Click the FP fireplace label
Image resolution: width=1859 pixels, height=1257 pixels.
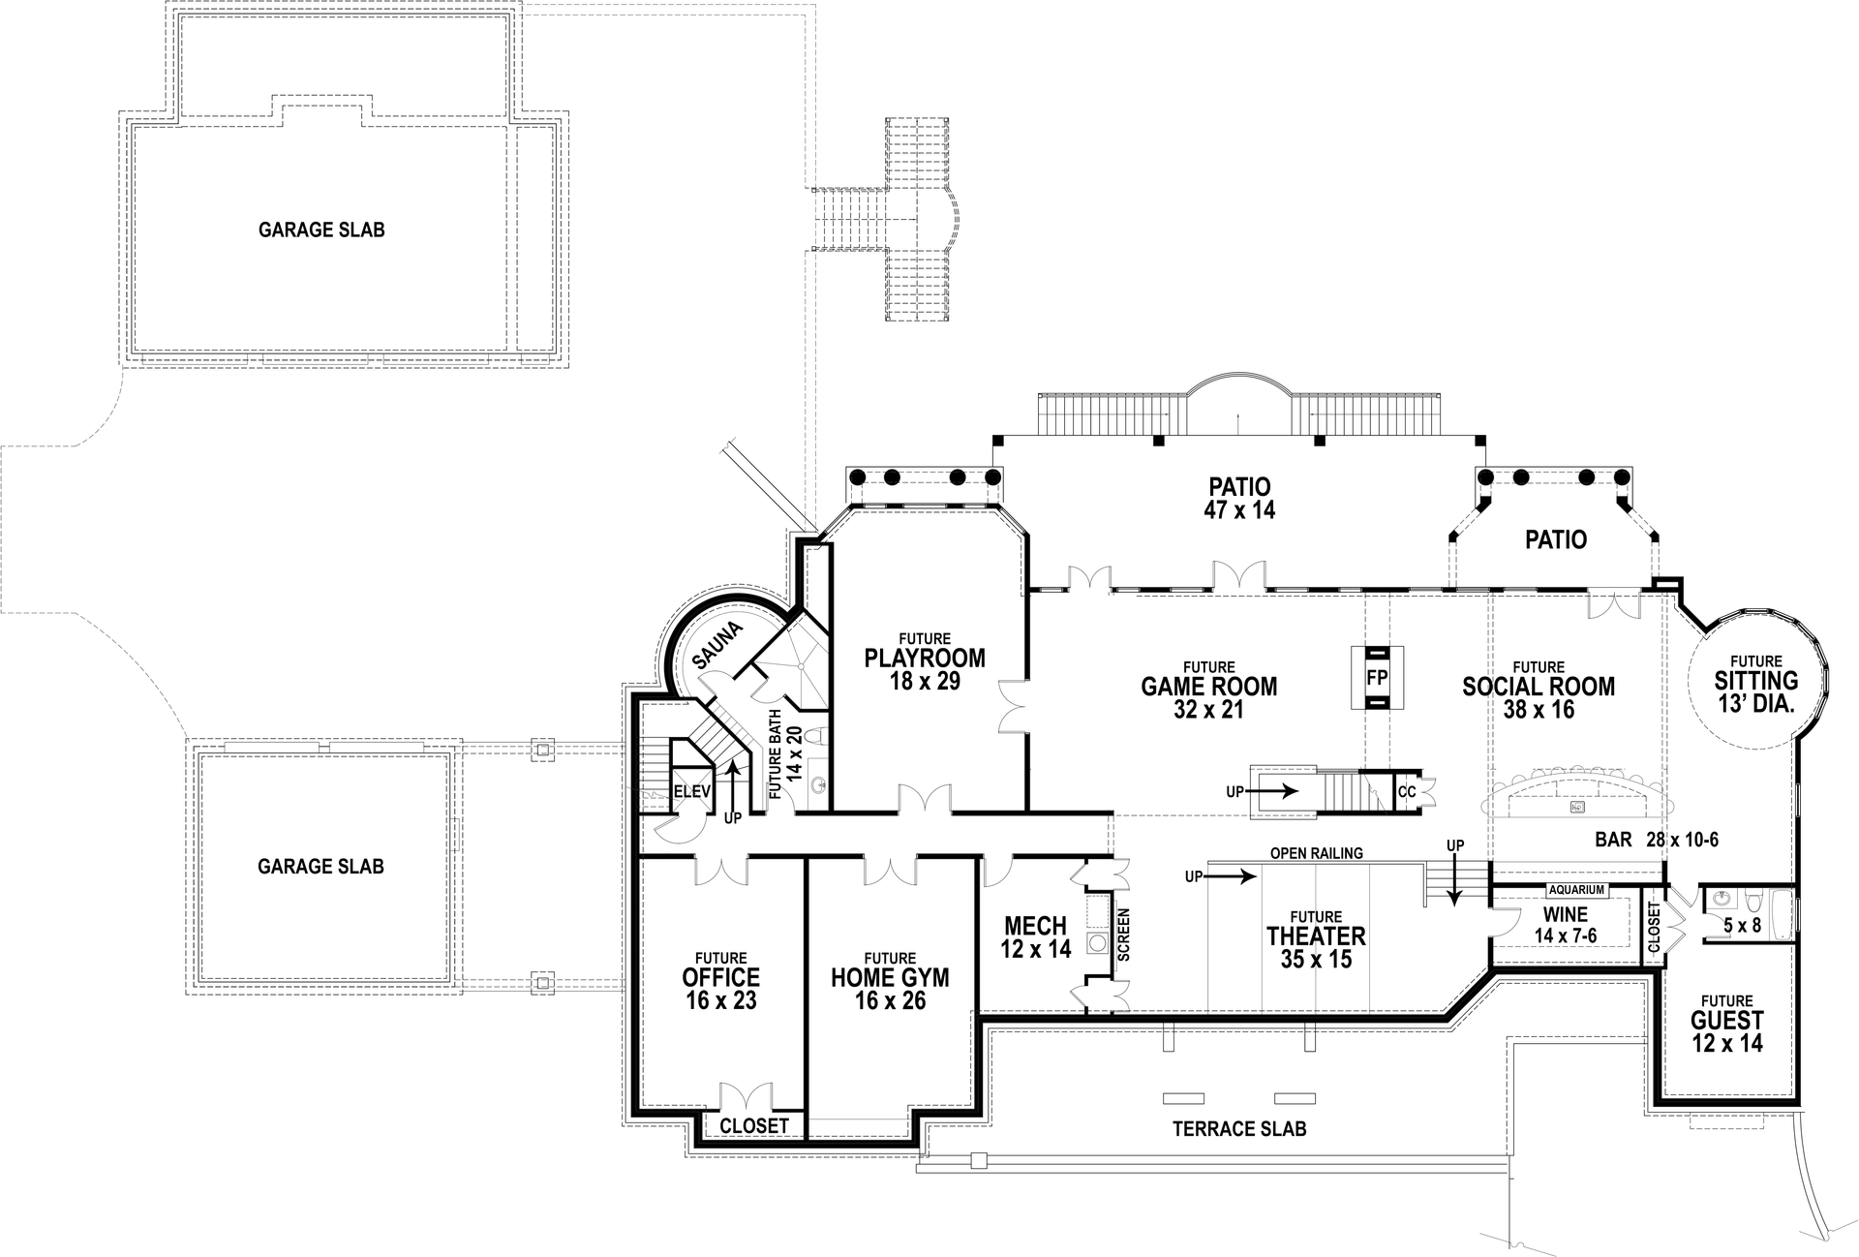coord(1377,678)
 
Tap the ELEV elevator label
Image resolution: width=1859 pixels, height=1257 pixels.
coord(691,791)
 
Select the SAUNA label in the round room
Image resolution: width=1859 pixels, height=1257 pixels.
coord(717,646)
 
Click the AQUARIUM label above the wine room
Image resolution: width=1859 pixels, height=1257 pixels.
coord(1576,889)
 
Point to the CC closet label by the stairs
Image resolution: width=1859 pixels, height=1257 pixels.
coord(1407,791)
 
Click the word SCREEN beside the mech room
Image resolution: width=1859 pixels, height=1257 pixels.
coord(1123,934)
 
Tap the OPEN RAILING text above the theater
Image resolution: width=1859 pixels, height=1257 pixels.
coord(1316,853)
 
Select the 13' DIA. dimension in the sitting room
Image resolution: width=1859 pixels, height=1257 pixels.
coord(1756,704)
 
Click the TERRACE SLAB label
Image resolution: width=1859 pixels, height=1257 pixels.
coord(1238,1129)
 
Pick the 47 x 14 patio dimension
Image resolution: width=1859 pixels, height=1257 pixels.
coord(1239,510)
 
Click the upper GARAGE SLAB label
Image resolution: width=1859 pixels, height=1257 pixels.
coord(321,230)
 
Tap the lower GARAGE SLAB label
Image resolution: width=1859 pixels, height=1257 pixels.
coord(320,867)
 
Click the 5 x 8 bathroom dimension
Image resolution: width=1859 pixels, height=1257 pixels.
coord(1742,926)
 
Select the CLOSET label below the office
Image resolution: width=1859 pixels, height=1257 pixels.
coord(754,1126)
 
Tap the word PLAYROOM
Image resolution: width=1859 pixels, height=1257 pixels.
coord(925,659)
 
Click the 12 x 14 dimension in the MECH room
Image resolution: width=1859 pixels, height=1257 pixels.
coord(1035,949)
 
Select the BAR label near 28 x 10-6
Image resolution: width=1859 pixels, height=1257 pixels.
coord(1613,840)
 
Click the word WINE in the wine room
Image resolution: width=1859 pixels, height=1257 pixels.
coord(1566,914)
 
